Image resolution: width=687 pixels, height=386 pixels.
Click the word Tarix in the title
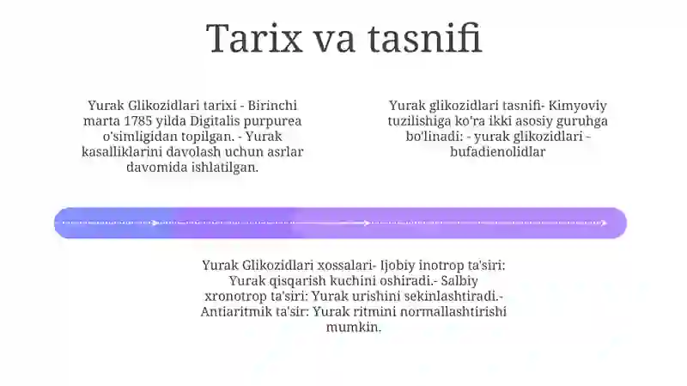(254, 38)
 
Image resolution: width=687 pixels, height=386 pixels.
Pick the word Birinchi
(272, 106)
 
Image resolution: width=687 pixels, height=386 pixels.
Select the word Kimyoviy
(577, 106)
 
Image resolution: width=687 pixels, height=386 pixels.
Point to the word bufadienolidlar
(498, 152)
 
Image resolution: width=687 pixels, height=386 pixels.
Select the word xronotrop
(234, 297)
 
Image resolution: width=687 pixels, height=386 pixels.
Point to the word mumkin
(354, 328)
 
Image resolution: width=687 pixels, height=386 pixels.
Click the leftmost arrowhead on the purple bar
(155, 224)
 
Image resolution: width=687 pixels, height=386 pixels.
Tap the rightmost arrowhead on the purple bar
(605, 224)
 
